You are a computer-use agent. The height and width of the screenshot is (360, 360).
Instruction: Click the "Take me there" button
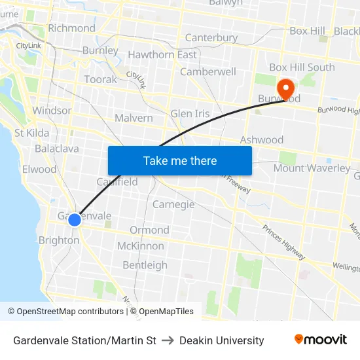tap(180, 161)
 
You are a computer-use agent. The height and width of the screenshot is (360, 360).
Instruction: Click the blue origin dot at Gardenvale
tap(75, 219)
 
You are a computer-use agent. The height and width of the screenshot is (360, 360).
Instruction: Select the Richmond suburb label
tap(71, 28)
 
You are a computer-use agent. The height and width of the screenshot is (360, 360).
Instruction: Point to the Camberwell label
tap(208, 71)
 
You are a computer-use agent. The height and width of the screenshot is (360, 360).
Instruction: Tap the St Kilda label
tap(32, 133)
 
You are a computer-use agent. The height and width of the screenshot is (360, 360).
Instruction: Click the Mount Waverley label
tap(312, 168)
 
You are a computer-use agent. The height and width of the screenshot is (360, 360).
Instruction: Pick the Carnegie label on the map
tap(173, 204)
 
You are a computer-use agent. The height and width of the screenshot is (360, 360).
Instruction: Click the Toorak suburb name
tap(101, 79)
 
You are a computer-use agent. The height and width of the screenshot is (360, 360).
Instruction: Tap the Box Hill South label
tap(302, 67)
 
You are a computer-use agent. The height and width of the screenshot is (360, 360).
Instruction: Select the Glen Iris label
tap(190, 113)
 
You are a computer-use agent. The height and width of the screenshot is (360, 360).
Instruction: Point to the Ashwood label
tap(262, 139)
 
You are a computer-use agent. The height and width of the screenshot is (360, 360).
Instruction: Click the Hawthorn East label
tap(162, 54)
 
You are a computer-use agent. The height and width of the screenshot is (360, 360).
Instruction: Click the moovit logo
tap(320, 340)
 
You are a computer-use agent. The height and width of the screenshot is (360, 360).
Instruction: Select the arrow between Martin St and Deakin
tap(168, 340)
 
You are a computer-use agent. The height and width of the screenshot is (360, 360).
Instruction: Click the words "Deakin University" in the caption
tap(221, 340)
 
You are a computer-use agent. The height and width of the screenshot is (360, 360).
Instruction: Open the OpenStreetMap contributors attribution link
tap(70, 312)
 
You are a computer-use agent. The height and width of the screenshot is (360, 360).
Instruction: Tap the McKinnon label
tap(141, 246)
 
